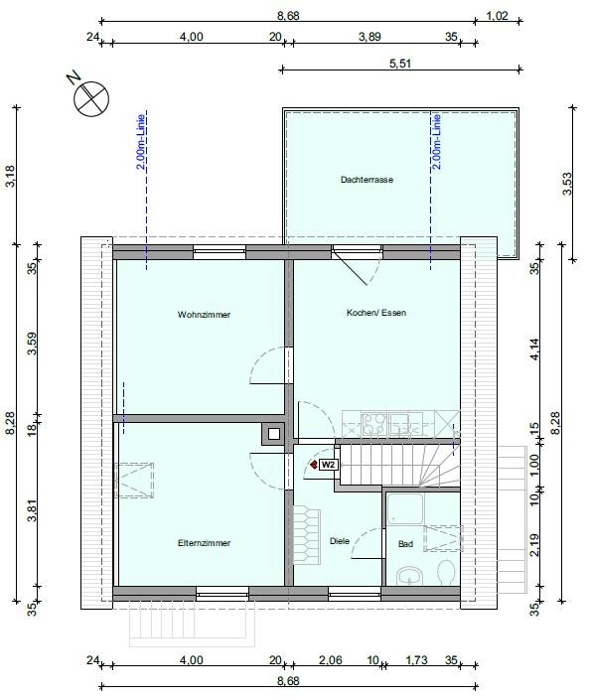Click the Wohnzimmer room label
205,315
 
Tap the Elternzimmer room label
205,543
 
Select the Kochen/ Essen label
375,313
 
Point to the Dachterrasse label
367,180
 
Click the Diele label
341,540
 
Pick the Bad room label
405,544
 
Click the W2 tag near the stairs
328,464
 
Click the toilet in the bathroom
445,573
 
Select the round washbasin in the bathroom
408,575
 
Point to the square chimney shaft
272,432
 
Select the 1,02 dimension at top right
498,15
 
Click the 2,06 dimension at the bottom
329,659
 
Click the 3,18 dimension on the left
10,177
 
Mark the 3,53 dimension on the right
567,185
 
